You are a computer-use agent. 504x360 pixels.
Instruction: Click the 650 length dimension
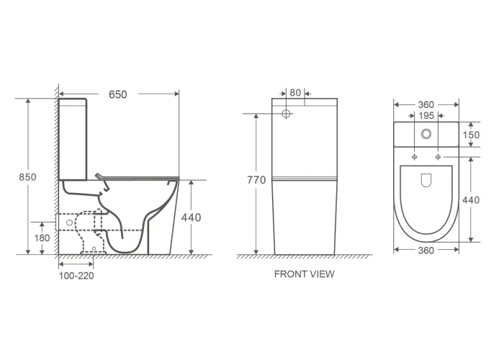tap(118, 94)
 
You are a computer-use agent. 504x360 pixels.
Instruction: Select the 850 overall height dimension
tap(27, 177)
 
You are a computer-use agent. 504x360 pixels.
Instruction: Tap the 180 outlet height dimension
tap(42, 238)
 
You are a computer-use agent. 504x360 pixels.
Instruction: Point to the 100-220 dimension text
tap(76, 276)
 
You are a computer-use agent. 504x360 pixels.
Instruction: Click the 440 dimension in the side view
tap(192, 217)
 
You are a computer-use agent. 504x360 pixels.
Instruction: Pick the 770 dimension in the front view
tap(256, 180)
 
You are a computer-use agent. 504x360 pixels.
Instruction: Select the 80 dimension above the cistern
tap(295, 93)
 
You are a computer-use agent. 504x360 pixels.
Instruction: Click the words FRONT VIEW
tap(304, 274)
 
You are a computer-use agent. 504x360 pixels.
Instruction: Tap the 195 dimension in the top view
tap(426, 116)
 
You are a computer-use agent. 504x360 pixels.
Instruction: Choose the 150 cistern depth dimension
tap(471, 135)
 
